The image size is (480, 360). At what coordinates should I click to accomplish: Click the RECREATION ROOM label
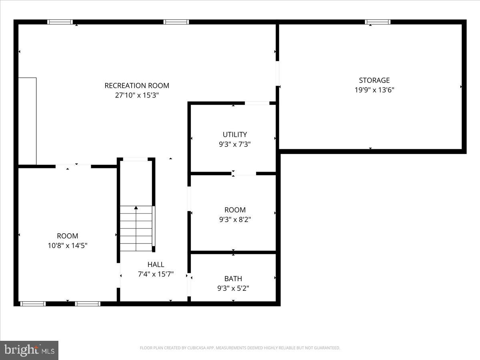click(137, 86)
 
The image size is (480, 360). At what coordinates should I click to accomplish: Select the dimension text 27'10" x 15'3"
click(137, 95)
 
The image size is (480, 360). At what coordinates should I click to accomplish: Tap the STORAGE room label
click(374, 80)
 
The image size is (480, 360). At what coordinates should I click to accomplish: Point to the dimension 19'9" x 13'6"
click(374, 90)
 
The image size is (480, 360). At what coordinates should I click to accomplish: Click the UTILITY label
click(235, 135)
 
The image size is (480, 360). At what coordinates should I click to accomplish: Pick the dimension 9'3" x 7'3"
click(235, 144)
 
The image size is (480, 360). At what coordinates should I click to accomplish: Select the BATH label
click(233, 279)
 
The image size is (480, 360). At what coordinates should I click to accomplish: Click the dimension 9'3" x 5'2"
click(233, 288)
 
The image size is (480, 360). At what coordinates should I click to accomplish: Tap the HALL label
click(156, 264)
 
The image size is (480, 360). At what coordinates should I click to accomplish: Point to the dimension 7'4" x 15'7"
click(156, 274)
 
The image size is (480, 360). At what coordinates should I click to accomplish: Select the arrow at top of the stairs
click(136, 208)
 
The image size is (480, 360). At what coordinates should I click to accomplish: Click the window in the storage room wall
click(378, 22)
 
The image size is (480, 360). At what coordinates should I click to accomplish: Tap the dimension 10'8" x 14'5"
click(67, 246)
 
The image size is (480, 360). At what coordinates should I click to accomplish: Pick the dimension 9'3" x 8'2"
click(235, 220)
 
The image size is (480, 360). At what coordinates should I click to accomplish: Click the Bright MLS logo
click(29, 350)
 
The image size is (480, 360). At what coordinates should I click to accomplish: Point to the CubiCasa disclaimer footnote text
click(240, 348)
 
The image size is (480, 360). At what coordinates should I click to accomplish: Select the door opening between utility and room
click(244, 173)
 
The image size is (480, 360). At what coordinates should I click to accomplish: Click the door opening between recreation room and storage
click(277, 73)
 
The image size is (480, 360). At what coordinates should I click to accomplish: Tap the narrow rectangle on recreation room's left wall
click(27, 121)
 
